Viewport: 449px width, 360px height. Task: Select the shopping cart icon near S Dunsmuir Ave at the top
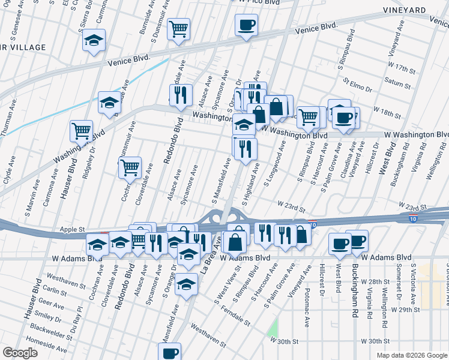pyautogui.click(x=178, y=28)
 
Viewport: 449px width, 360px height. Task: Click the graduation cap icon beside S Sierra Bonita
pyautogui.click(x=94, y=41)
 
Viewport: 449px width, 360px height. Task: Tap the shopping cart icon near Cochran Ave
pyautogui.click(x=130, y=167)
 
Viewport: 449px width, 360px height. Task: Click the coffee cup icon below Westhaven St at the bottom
pyautogui.click(x=170, y=353)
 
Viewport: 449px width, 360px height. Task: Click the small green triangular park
pyautogui.click(x=274, y=328)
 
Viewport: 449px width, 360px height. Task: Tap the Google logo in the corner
pyautogui.click(x=20, y=353)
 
